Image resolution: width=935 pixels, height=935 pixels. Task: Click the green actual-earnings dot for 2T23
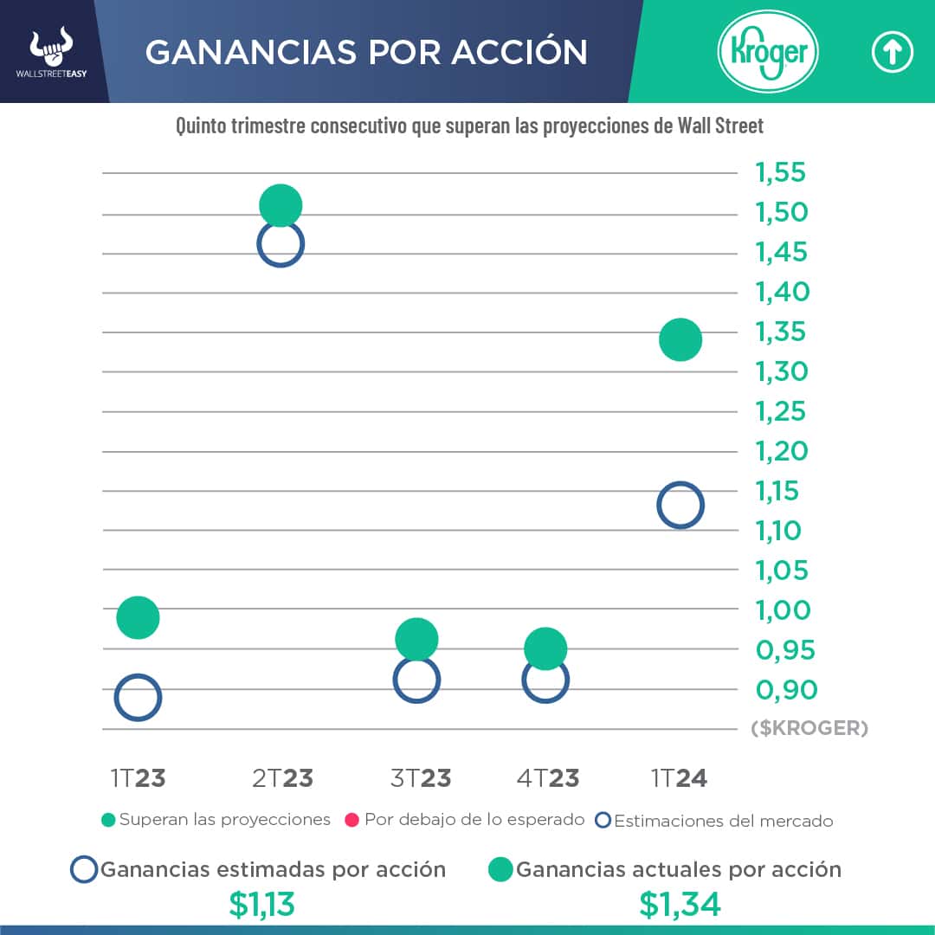pos(280,206)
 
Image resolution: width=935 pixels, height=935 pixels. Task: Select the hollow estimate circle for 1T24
pos(680,505)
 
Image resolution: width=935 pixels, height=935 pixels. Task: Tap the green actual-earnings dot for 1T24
pos(680,339)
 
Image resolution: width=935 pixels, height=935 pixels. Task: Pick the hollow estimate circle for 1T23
pos(138,697)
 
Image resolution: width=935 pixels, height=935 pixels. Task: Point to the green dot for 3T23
pos(416,639)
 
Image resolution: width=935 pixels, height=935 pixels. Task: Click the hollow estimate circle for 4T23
pos(545,680)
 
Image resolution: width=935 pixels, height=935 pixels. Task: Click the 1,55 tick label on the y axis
pos(781,173)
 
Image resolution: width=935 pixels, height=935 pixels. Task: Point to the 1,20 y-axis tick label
pos(781,451)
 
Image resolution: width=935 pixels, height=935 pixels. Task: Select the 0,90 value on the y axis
pos(786,690)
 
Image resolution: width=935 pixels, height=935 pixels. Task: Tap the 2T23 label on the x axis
pos(282,778)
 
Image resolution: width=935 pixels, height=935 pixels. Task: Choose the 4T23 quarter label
pos(548,778)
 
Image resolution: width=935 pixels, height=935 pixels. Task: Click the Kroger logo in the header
pos(768,53)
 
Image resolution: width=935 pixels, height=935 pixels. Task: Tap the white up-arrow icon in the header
pos(892,53)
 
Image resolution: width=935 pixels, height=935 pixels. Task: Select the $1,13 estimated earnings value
pos(261,905)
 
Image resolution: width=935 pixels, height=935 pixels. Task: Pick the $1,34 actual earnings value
pos(680,905)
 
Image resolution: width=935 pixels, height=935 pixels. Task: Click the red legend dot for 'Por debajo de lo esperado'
pos(352,819)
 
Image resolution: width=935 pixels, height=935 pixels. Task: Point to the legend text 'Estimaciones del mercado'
pos(723,821)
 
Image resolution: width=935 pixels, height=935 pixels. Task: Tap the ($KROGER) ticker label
pos(809,728)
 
